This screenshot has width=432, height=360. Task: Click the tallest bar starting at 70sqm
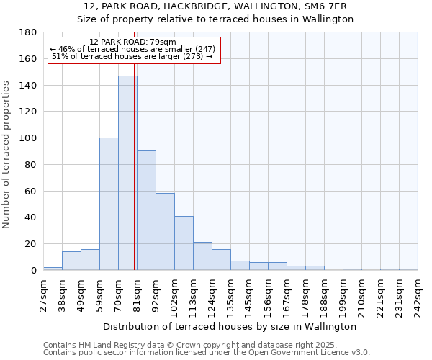point(127,173)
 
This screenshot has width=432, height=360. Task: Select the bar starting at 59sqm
point(109,204)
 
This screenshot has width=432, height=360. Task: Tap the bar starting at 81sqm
point(146,210)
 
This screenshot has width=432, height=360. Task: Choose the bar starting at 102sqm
point(184,243)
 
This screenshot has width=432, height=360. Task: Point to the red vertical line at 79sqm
point(135,166)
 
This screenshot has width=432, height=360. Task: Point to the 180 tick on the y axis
point(29,32)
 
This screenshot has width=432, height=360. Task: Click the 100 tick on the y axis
point(29,138)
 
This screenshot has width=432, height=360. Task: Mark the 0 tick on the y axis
point(34,270)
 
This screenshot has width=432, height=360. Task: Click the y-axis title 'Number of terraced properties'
point(7,154)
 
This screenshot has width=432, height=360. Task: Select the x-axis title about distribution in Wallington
point(230,326)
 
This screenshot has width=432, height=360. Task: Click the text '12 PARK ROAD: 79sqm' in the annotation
point(133,42)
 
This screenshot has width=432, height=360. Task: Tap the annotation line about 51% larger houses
point(133,56)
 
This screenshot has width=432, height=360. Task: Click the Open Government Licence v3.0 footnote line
point(207,352)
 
